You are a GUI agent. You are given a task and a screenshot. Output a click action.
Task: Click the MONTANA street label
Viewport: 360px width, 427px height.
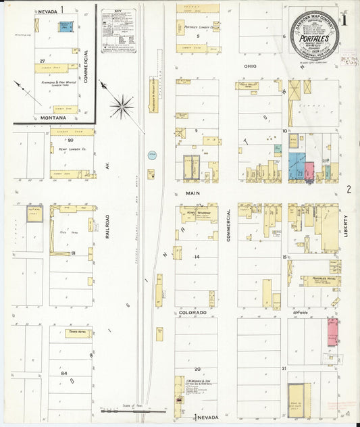point(52,118)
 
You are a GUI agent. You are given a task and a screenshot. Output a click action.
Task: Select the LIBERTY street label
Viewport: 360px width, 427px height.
point(345,226)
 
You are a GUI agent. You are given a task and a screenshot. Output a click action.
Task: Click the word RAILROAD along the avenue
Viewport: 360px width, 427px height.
point(107,227)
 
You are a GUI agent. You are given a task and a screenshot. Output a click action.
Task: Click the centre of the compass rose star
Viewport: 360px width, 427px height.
point(122,105)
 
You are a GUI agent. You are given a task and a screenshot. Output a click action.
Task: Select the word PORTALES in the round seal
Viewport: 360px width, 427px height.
point(314,39)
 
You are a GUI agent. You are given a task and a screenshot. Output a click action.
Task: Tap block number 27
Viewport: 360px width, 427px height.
point(42,61)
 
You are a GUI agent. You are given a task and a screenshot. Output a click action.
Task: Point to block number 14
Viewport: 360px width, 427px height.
point(197,257)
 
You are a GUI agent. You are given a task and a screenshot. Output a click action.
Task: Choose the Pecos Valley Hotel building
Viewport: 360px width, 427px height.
point(251,86)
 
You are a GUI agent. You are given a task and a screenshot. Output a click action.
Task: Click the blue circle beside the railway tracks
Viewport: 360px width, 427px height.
point(152,155)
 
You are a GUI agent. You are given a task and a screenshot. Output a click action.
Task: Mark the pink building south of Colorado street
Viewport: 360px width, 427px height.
point(332,332)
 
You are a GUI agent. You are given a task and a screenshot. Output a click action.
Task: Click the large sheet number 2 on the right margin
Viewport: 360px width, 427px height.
point(349,190)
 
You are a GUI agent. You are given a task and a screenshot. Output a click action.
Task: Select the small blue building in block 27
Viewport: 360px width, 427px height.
point(66,26)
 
